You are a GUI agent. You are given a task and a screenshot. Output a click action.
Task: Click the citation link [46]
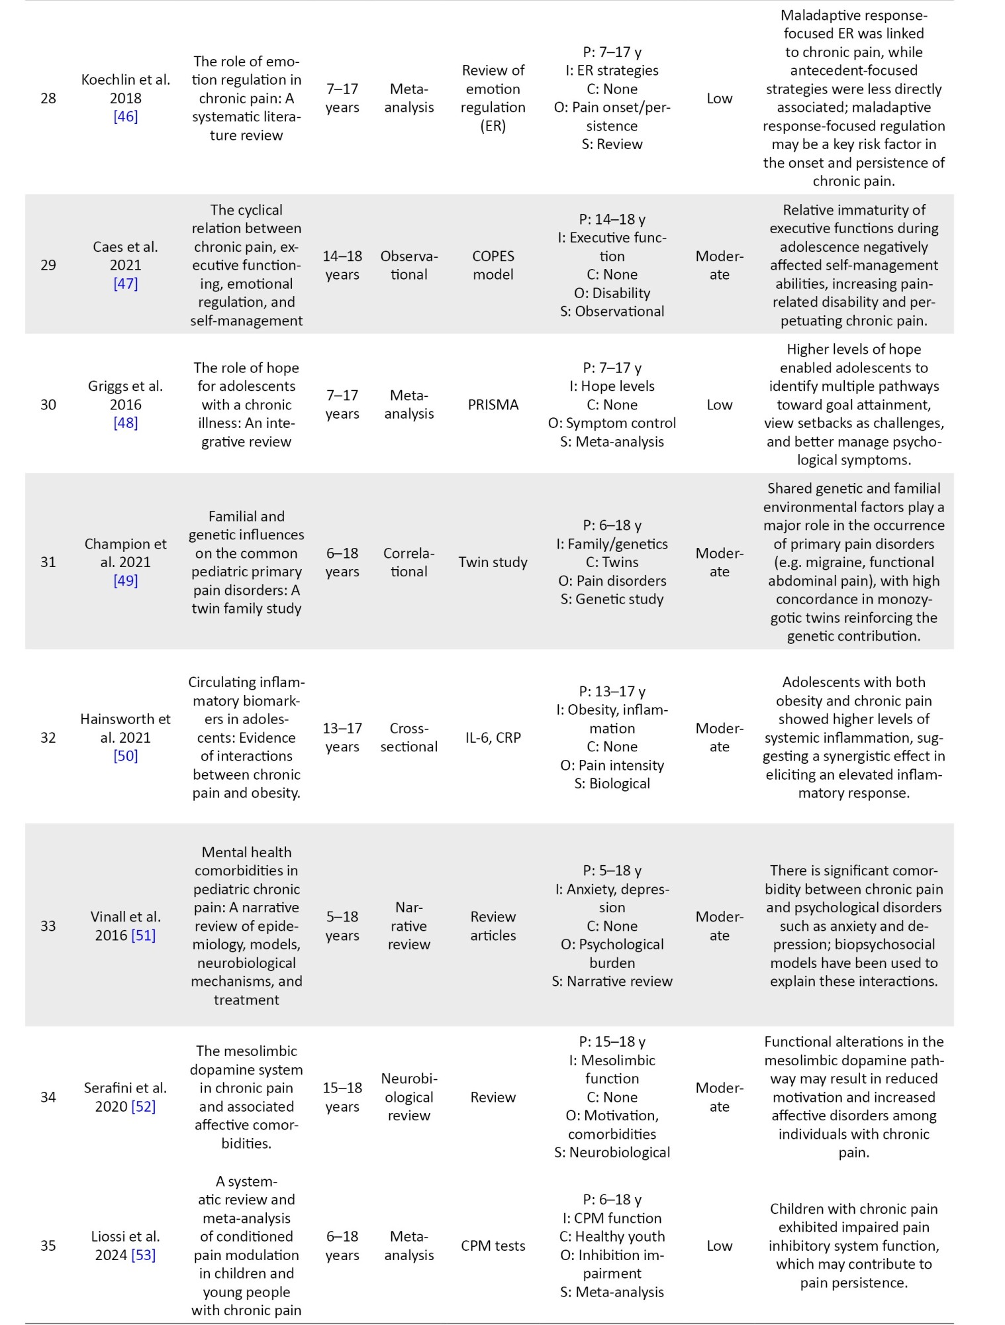pyautogui.click(x=125, y=117)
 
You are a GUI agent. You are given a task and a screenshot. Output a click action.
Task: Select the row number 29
pyautogui.click(x=48, y=265)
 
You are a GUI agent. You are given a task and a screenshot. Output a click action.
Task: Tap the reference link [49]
pyautogui.click(x=125, y=580)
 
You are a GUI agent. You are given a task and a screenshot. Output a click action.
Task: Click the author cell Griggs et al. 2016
pyautogui.click(x=125, y=396)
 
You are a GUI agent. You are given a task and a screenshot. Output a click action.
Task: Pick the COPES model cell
pyautogui.click(x=493, y=265)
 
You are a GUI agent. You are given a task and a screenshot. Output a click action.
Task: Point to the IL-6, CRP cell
pyautogui.click(x=493, y=737)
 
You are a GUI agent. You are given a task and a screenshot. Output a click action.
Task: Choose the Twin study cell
pyautogui.click(x=493, y=562)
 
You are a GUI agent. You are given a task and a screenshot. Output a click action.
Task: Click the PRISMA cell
pyautogui.click(x=493, y=404)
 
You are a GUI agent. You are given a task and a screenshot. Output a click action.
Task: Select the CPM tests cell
pyautogui.click(x=493, y=1245)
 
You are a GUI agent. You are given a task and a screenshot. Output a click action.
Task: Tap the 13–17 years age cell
pyautogui.click(x=342, y=737)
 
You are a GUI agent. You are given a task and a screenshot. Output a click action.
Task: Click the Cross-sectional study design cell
pyautogui.click(x=408, y=737)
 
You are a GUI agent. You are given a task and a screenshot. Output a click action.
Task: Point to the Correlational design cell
pyautogui.click(x=408, y=562)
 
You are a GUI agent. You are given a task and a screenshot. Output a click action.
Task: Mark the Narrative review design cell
pyautogui.click(x=408, y=926)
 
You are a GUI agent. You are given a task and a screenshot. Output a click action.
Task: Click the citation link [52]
pyautogui.click(x=143, y=1106)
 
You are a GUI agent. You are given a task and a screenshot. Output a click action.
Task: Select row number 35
pyautogui.click(x=48, y=1245)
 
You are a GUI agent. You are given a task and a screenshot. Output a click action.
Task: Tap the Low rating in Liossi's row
pyautogui.click(x=719, y=1245)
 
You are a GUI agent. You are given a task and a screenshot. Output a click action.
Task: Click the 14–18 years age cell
pyautogui.click(x=342, y=265)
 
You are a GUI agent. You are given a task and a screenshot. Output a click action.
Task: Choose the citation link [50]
pyautogui.click(x=125, y=756)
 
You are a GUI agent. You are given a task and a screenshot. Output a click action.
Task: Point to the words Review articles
pyautogui.click(x=493, y=926)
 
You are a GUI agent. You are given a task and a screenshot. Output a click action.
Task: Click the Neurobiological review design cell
pyautogui.click(x=408, y=1097)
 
